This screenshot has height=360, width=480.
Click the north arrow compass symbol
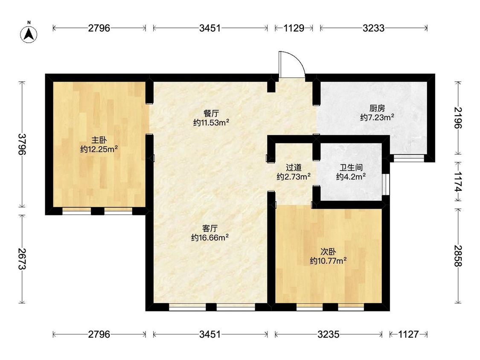[29, 33]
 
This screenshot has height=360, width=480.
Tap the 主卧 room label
[99, 140]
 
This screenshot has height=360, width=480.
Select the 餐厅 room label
[211, 113]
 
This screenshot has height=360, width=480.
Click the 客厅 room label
[210, 228]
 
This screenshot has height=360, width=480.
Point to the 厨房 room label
[377, 108]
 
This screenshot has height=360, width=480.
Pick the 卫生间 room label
[351, 168]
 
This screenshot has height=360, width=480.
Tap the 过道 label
[294, 168]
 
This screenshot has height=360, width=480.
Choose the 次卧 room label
[328, 252]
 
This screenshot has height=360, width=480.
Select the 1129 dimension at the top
[294, 28]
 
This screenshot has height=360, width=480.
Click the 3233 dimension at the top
[373, 28]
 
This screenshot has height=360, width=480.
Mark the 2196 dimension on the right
[458, 118]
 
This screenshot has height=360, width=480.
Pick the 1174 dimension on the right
[458, 182]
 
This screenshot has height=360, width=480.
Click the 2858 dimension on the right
[458, 256]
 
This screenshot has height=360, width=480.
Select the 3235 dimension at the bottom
[328, 334]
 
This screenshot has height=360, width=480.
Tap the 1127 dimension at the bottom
[408, 334]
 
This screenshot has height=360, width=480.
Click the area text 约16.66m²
[210, 238]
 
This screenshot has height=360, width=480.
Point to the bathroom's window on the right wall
[387, 184]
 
